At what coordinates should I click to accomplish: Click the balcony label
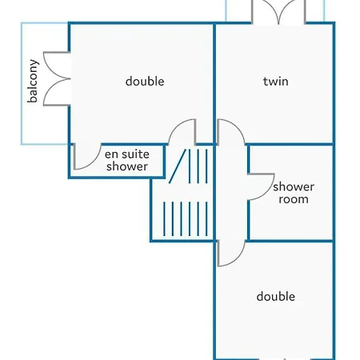(x=33, y=81)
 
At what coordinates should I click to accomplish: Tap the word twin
(x=276, y=82)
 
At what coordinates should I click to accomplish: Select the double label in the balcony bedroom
(x=145, y=81)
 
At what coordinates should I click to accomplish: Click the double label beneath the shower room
(x=276, y=296)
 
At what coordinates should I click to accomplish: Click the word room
(x=294, y=199)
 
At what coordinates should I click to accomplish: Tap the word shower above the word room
(x=294, y=186)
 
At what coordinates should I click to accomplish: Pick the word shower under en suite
(x=127, y=166)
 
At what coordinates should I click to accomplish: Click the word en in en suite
(x=110, y=154)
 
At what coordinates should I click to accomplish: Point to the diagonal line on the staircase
(x=178, y=166)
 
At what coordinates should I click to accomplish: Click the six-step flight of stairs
(x=186, y=219)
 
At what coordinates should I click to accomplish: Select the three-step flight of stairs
(x=198, y=166)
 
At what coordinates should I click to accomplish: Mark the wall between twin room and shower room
(x=290, y=145)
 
